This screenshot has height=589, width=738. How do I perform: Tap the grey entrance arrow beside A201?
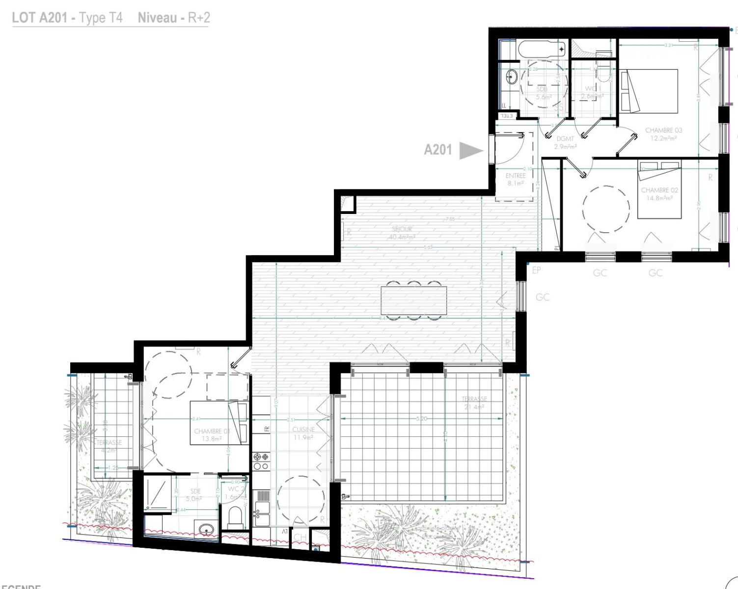pos(470,150)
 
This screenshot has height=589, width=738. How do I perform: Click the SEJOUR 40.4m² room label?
pos(402,233)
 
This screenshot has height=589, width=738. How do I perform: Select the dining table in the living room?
pos(414,300)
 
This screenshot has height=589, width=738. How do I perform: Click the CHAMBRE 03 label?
pos(663,134)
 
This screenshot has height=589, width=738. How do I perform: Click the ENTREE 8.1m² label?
pos(516,179)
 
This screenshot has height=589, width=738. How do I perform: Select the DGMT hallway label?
pos(565,142)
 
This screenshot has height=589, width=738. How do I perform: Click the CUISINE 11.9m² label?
pos(303,433)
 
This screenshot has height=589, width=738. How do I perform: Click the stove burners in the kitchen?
pos(260,461)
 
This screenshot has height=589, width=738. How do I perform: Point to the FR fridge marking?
pos(267,428)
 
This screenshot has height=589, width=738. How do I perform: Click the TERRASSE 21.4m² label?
pos(474,403)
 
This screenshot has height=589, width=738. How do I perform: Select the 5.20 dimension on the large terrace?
pos(421,419)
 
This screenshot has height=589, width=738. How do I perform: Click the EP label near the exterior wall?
pos(536,270)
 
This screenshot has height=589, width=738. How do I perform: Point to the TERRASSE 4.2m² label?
pos(109,446)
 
